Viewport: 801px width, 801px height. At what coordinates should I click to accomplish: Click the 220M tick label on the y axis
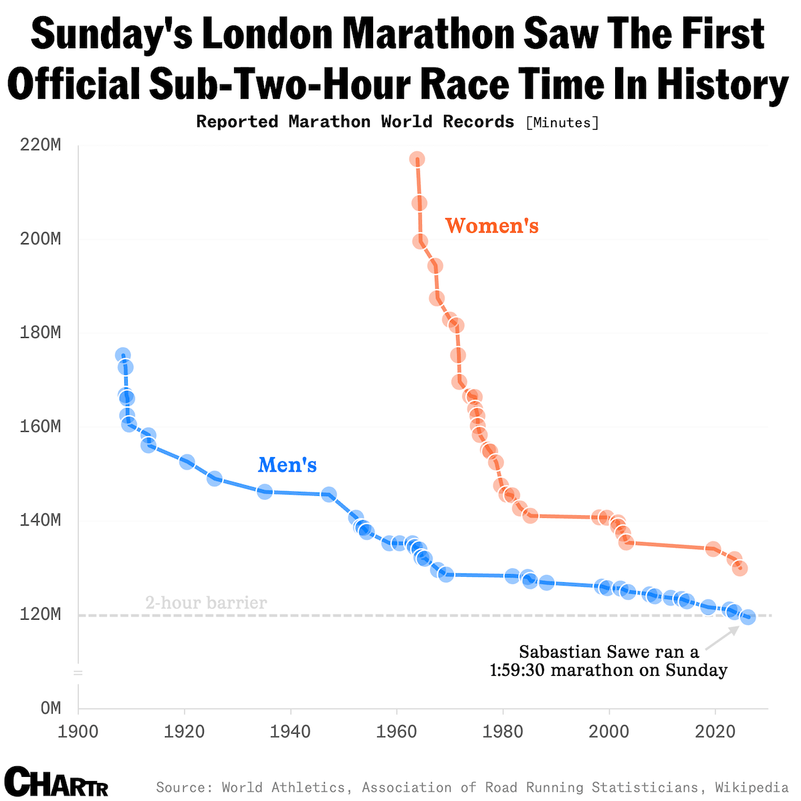click(x=41, y=145)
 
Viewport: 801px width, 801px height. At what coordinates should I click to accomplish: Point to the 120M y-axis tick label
click(x=41, y=614)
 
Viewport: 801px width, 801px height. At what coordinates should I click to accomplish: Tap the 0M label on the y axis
click(x=51, y=708)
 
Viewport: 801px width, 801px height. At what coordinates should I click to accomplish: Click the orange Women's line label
click(x=491, y=226)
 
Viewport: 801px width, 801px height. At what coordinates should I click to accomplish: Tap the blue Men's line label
click(x=288, y=465)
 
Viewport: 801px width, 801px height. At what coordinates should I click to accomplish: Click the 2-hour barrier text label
click(x=206, y=603)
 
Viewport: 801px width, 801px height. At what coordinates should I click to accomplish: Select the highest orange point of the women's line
click(x=417, y=159)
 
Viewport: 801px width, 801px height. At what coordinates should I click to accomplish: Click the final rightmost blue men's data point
click(x=748, y=617)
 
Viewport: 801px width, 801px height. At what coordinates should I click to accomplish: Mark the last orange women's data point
click(x=739, y=568)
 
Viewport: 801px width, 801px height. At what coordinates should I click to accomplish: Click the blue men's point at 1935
click(x=265, y=492)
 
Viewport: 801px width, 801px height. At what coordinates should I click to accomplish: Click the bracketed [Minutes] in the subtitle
click(x=562, y=122)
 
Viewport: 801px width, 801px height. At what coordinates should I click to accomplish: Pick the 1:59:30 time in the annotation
click(x=519, y=670)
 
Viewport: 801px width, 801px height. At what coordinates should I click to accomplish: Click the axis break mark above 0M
click(x=78, y=672)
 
